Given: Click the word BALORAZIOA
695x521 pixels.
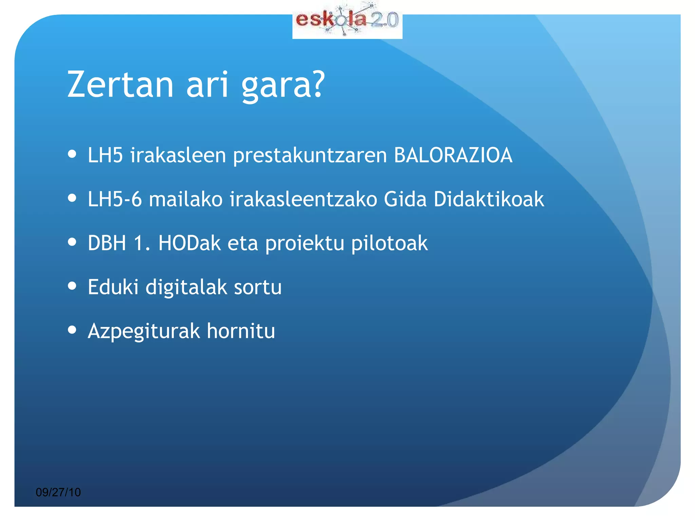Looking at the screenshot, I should (x=453, y=155).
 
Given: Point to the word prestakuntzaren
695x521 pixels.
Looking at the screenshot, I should (x=310, y=156).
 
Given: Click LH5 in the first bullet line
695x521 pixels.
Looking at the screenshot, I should (x=105, y=155).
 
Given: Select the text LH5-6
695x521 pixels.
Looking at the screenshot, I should (x=114, y=199).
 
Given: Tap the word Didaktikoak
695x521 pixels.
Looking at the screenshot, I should (x=489, y=199).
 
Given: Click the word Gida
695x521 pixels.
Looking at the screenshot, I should (x=405, y=199).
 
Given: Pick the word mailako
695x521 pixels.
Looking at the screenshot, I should (x=186, y=199).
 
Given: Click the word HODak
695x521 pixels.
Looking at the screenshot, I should (x=189, y=243).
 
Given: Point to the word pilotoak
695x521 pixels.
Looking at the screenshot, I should (x=389, y=244).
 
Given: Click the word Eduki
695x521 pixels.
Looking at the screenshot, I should (x=113, y=287).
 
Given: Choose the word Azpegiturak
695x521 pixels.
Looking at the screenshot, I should (x=144, y=332).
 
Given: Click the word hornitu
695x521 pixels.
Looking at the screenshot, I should (x=241, y=331).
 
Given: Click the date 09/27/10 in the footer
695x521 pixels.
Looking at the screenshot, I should (x=58, y=492).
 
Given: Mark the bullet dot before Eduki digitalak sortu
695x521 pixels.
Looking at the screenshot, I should (x=72, y=286).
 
